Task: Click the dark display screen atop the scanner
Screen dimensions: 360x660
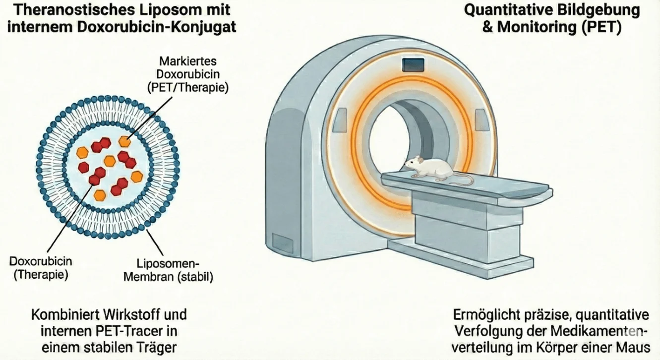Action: tap(414, 64)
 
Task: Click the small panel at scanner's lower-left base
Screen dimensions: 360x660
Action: tap(283, 244)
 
